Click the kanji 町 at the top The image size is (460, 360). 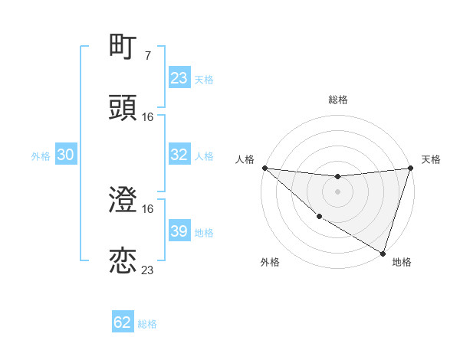123,47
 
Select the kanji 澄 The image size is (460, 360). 123,201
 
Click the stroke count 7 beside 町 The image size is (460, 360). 147,56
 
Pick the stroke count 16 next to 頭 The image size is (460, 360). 148,116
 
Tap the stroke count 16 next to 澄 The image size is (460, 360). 148,209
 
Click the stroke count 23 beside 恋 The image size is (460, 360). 148,270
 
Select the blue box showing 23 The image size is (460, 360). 179,78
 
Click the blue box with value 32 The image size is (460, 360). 179,155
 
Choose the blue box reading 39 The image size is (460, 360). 179,231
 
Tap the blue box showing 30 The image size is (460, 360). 66,155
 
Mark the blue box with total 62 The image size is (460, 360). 123,322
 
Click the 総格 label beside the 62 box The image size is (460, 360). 147,324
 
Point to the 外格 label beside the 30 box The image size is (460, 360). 41,155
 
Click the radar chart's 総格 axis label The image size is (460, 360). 337,100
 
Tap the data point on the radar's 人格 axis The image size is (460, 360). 264,168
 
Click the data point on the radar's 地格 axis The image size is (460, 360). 383,253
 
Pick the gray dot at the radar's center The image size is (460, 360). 337,191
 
